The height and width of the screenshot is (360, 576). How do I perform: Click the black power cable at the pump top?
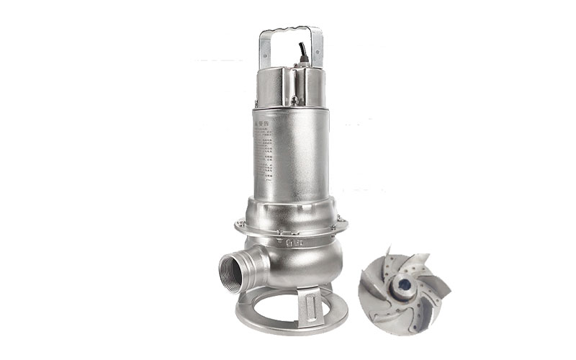pyautogui.click(x=303, y=51)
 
